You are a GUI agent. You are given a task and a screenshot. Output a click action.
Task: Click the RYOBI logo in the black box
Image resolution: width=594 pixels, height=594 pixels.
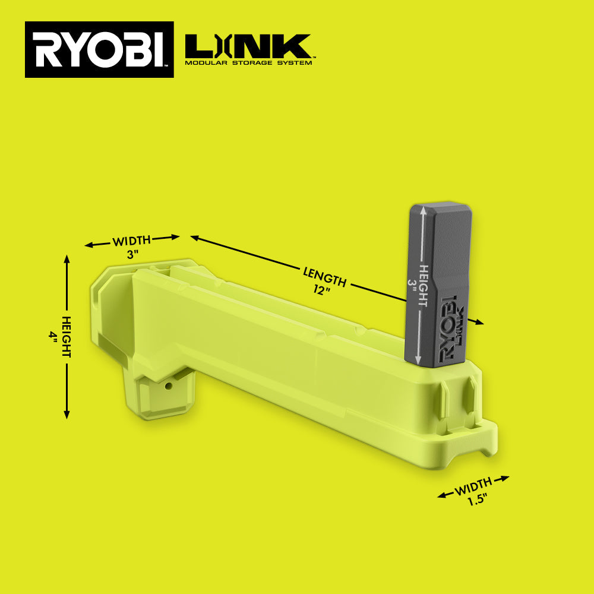click(x=99, y=50)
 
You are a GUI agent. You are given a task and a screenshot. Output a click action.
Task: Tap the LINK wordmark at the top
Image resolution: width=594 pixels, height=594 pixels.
click(x=248, y=46)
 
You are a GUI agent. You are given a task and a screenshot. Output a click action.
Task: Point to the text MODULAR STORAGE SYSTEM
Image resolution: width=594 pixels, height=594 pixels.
click(x=248, y=62)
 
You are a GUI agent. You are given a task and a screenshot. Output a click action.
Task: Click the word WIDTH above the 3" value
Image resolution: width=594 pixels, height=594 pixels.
click(x=132, y=241)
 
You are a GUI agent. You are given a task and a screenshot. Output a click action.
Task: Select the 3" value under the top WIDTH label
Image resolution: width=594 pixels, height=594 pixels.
click(x=132, y=254)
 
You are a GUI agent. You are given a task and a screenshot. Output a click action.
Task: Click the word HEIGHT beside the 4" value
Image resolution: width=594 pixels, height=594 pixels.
click(x=67, y=337)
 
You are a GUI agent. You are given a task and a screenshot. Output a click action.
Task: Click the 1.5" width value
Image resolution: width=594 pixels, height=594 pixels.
click(x=476, y=500)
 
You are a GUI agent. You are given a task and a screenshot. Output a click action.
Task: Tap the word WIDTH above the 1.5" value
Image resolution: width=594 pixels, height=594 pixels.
click(x=473, y=486)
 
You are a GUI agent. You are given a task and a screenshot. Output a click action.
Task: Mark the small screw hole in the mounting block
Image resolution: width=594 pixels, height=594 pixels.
click(x=168, y=386)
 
